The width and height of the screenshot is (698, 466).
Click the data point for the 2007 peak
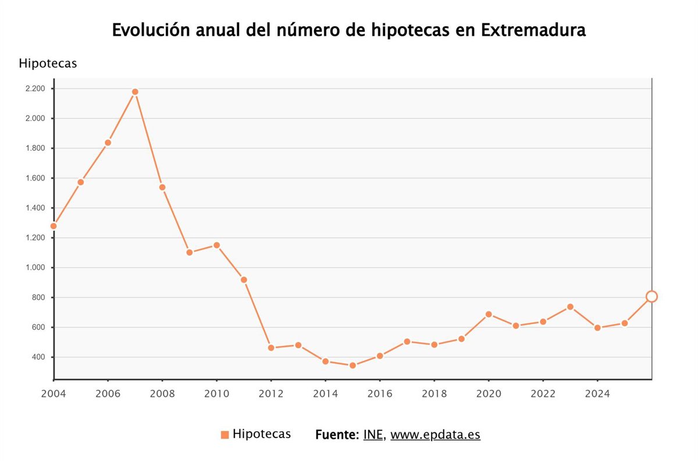pyautogui.click(x=135, y=92)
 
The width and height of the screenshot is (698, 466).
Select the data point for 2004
pyautogui.click(x=54, y=226)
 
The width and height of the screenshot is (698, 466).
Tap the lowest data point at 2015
pyautogui.click(x=352, y=366)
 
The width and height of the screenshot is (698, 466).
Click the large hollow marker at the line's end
pyautogui.click(x=651, y=296)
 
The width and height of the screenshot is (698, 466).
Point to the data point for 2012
pyautogui.click(x=271, y=348)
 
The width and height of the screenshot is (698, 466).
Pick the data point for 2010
pyautogui.click(x=216, y=245)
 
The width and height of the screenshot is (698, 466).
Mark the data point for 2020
pyautogui.click(x=489, y=315)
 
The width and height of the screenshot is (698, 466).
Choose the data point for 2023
pyautogui.click(x=570, y=307)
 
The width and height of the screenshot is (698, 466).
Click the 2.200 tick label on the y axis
pyautogui.click(x=35, y=89)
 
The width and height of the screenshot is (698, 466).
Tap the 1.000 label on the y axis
pyautogui.click(x=35, y=268)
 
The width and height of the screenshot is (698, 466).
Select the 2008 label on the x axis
pyautogui.click(x=162, y=394)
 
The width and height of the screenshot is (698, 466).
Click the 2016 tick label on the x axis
pyautogui.click(x=380, y=394)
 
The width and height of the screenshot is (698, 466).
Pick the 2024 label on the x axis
pyautogui.click(x=597, y=394)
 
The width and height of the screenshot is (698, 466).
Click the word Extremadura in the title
pyautogui.click(x=533, y=30)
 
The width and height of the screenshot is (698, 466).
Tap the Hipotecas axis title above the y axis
pyautogui.click(x=48, y=63)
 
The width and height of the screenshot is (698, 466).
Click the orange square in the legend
pyautogui.click(x=225, y=435)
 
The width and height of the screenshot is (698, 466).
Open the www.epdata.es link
pyautogui.click(x=435, y=435)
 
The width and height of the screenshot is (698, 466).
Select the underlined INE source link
pyautogui.click(x=373, y=435)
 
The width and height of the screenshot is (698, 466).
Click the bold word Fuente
pyautogui.click(x=337, y=435)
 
